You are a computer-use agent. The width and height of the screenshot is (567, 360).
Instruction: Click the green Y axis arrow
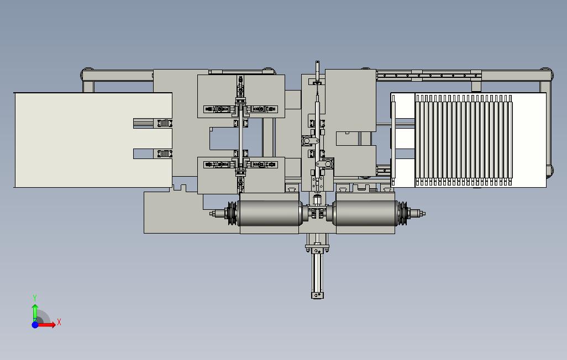coord(35,312)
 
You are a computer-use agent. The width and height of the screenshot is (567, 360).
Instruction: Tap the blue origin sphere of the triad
coord(35,325)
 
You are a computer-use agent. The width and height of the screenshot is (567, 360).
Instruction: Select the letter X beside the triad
coord(59,322)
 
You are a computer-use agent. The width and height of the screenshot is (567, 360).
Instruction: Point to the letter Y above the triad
coord(35,298)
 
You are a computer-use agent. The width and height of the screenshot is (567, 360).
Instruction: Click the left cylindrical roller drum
coord(269,213)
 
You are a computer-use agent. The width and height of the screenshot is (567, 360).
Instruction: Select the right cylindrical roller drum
coord(366,213)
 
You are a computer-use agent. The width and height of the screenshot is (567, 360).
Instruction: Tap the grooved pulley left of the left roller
coord(232,213)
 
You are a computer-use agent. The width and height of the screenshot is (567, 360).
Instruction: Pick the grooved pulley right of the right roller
coord(402,213)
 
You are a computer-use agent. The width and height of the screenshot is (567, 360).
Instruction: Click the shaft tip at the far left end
coord(212,214)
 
